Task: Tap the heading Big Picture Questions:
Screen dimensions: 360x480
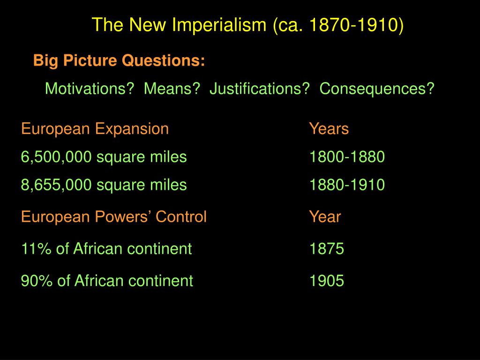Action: [x=119, y=60]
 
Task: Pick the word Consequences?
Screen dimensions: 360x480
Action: [x=377, y=88]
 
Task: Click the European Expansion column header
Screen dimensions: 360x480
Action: [x=95, y=129]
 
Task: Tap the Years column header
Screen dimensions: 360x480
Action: [x=329, y=129]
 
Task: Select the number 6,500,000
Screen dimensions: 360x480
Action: [x=56, y=157]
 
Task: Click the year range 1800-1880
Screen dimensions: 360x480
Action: [x=347, y=157]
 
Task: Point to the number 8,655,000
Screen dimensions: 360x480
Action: [x=56, y=185]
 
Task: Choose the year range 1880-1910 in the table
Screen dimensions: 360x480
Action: [x=347, y=185]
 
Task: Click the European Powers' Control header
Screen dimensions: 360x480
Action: [x=113, y=217]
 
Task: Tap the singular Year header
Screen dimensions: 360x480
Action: [x=325, y=217]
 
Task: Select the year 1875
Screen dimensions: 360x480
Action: [x=326, y=248]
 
